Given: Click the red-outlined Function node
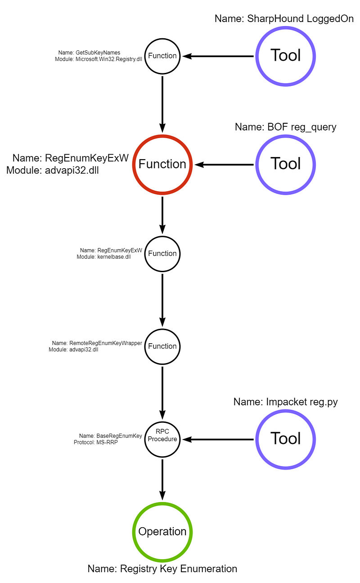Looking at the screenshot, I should coord(162,164).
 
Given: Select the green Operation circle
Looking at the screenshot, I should coord(162,531).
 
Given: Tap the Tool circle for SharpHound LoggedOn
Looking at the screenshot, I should coord(285,56).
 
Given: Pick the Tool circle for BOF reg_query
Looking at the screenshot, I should coord(285,164).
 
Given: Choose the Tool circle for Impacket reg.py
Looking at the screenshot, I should coord(285,439).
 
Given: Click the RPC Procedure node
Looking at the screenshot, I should coord(162,439).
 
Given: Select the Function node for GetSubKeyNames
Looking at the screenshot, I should coord(162,56).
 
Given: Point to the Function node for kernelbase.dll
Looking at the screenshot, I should coord(162,254).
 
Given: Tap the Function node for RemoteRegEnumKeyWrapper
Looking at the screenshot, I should coord(162,346).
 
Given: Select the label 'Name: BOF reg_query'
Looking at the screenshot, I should coord(285,127).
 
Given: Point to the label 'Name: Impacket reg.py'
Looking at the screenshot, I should coord(285,402).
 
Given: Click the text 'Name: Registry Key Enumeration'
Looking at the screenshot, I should coord(162,569).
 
